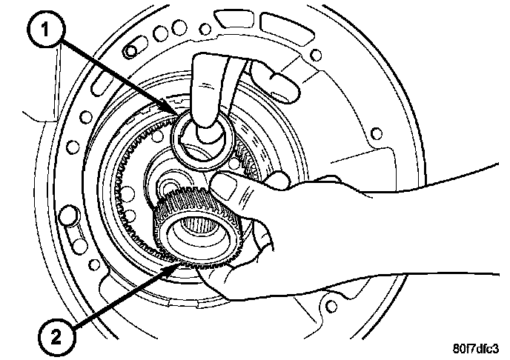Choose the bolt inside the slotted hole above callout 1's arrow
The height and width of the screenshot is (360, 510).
tap(130, 50)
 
